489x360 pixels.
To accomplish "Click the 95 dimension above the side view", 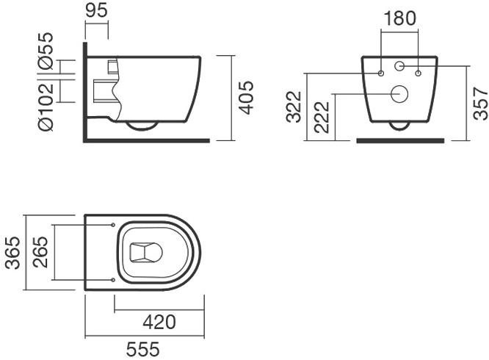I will [97, 12].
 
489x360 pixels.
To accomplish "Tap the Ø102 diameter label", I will [45, 108].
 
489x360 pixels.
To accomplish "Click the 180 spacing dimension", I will [399, 17].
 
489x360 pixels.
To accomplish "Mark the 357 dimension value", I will [479, 103].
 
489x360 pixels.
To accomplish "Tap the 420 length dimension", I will [159, 321].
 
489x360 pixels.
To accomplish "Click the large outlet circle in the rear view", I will [400, 93].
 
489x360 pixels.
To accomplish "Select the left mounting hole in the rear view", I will [381, 73].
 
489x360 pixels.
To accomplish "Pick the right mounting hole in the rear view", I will [419, 73].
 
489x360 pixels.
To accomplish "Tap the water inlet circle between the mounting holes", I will [400, 67].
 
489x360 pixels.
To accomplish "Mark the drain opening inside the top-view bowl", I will [145, 253].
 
